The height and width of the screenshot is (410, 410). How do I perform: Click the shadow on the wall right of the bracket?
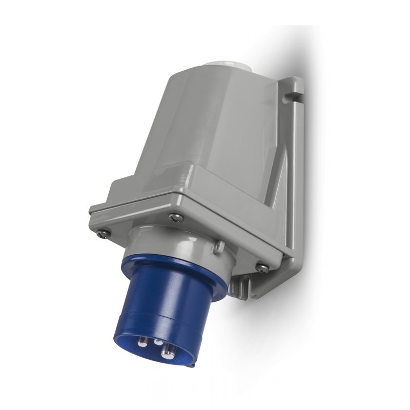[x=328, y=179]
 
